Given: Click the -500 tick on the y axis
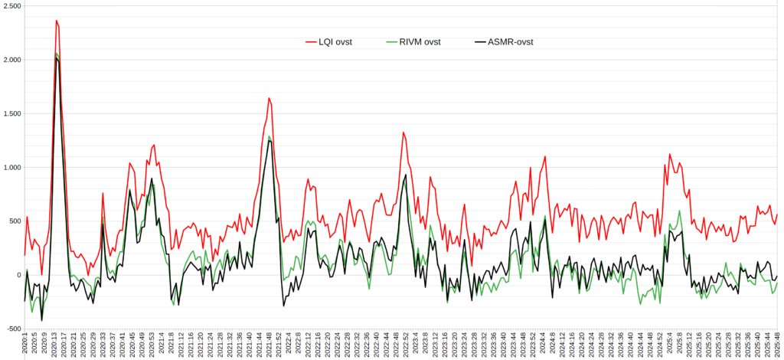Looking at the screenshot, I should point(13,329).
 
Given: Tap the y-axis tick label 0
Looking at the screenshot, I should point(19,275).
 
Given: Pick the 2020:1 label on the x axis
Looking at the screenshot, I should point(24,345).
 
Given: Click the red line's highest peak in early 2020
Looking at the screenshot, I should point(56,21).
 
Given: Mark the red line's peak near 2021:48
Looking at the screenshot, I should point(269,98).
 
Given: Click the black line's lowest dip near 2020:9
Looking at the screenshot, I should point(41,319).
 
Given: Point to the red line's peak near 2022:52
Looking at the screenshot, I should point(403,133).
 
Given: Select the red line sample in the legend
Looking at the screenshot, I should point(312,42).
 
